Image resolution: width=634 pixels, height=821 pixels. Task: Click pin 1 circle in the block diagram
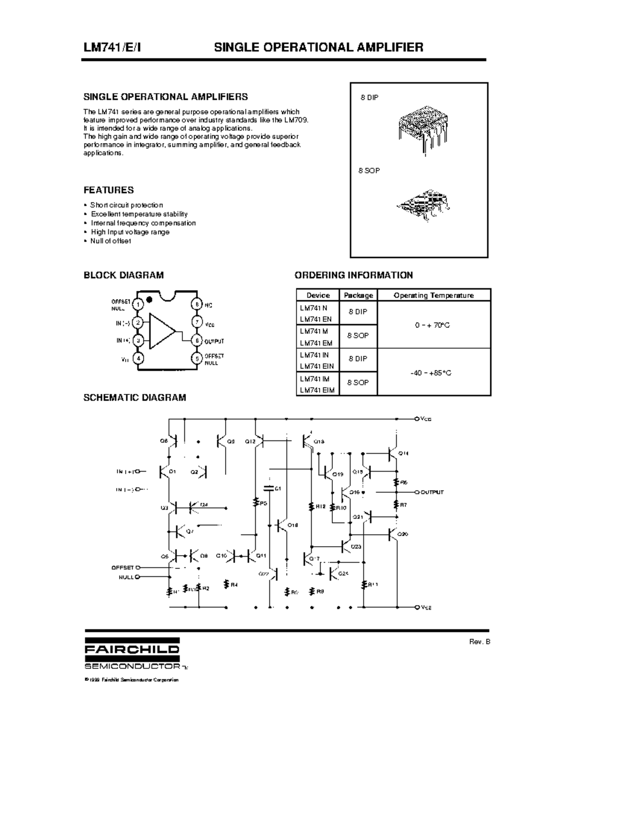tap(138, 305)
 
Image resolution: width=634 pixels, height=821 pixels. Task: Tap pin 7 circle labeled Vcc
tap(197, 322)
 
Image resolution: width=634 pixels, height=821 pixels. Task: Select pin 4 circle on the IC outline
tap(138, 358)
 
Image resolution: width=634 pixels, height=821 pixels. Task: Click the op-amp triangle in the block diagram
tap(162, 331)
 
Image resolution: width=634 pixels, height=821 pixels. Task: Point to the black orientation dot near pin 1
tap(149, 300)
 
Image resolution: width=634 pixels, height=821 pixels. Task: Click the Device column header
tap(318, 296)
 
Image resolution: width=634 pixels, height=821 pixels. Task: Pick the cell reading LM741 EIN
tap(316, 366)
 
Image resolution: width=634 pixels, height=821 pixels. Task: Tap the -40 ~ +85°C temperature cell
tap(431, 373)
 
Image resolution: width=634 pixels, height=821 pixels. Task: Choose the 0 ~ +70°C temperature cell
tap(432, 326)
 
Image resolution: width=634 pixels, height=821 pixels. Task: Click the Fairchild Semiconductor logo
tap(132, 655)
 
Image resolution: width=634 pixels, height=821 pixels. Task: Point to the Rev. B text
tap(480, 642)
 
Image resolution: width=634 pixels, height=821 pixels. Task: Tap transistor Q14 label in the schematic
tap(403, 454)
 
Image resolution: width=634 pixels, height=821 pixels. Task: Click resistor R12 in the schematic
tap(312, 506)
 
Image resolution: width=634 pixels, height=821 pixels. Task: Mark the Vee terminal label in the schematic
tap(426, 608)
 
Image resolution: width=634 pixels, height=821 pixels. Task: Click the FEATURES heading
tap(109, 190)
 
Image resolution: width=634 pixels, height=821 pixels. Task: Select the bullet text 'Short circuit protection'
tap(127, 205)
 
